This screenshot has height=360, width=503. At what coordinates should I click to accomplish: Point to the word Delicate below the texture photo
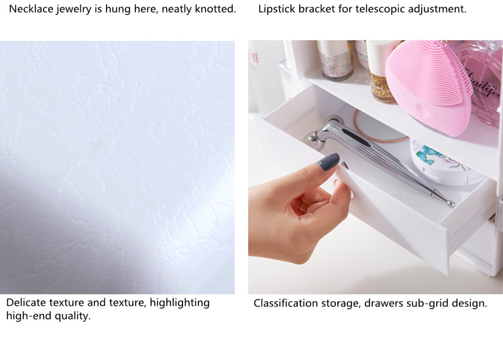(x=26, y=302)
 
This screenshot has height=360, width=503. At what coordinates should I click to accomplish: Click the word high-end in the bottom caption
(x=28, y=316)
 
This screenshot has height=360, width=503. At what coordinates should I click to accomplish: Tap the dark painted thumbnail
(x=329, y=162)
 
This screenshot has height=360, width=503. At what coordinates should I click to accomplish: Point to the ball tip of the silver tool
(x=451, y=203)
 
